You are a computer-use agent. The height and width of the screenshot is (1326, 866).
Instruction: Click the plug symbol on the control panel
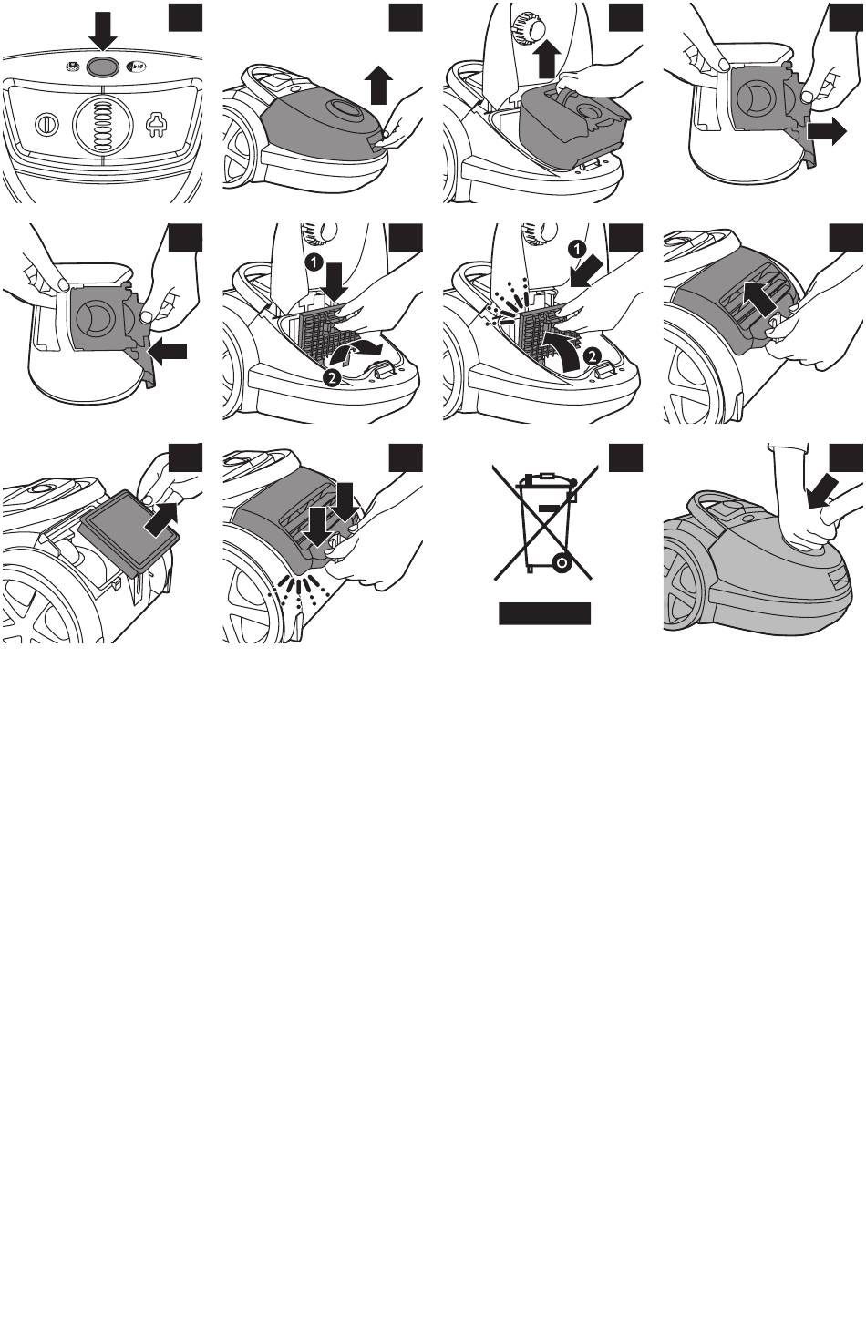pos(157,125)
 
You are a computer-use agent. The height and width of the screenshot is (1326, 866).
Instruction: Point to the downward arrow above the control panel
pos(103,31)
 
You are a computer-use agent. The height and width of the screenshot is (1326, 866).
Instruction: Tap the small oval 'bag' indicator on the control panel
pos(137,67)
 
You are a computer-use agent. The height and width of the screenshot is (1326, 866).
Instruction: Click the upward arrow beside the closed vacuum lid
pos(378,85)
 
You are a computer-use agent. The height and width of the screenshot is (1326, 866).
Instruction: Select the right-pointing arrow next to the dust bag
pos(826,131)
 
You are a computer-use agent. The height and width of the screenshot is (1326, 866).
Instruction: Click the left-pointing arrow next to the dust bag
pos(167,352)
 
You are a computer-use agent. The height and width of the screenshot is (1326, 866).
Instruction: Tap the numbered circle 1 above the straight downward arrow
pos(314,261)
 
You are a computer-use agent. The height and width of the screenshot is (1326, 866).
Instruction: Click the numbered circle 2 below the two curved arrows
pos(332,377)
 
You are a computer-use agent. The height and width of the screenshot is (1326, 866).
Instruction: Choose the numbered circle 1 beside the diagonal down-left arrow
pos(577,249)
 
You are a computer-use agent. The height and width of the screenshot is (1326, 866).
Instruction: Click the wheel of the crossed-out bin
pos(562,561)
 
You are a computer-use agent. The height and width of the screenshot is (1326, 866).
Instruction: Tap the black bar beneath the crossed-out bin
pos(544,613)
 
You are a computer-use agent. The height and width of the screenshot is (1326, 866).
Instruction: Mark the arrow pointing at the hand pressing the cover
pos(823,490)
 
